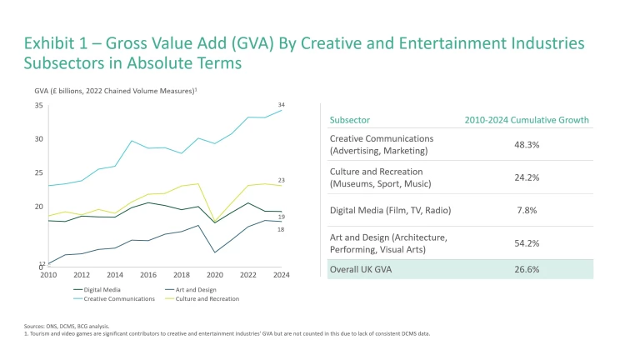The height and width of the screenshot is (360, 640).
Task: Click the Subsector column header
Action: (350, 120)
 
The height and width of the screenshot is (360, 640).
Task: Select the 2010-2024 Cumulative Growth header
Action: (526, 120)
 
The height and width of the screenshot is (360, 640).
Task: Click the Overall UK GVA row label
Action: (360, 269)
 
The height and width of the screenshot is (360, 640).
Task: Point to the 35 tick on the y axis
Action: (38, 106)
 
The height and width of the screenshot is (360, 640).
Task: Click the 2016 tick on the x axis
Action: (148, 274)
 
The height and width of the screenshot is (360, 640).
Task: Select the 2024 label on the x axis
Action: (281, 274)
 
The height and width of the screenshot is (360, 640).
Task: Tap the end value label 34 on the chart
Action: (282, 105)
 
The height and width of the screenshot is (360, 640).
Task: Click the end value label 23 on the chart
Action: (282, 180)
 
